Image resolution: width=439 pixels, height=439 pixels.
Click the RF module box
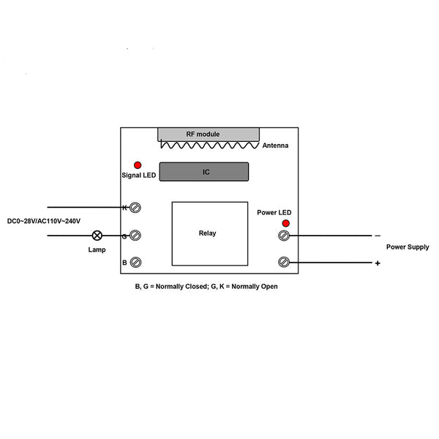tap(209, 135)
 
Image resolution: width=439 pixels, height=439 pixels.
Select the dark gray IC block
tap(204, 172)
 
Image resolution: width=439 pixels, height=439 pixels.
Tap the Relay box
tap(210, 233)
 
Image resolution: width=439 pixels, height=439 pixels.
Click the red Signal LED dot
tap(138, 165)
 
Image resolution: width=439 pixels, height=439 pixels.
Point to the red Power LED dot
tap(285, 223)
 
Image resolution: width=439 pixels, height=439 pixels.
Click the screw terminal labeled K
tap(135, 208)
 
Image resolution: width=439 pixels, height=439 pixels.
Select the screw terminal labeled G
tap(135, 235)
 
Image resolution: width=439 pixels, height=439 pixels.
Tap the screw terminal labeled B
tap(136, 262)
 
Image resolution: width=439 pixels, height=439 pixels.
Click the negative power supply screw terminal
tap(284, 235)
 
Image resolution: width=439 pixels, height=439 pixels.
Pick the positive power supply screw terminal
tap(284, 262)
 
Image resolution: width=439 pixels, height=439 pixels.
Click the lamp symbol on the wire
tap(97, 236)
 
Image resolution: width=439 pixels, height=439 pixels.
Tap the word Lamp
tap(97, 249)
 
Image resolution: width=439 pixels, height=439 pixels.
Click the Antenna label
tap(275, 146)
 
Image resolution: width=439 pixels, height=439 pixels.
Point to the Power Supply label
tap(408, 247)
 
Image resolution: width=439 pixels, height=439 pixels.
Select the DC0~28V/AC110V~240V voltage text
tap(44, 221)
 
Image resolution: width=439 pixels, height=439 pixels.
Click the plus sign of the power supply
tap(378, 263)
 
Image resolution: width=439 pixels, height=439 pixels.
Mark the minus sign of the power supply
tap(378, 236)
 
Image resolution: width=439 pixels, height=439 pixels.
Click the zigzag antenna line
tap(210, 145)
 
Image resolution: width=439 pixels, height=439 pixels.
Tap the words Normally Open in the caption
tap(255, 286)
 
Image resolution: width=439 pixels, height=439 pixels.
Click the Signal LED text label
tap(139, 176)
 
